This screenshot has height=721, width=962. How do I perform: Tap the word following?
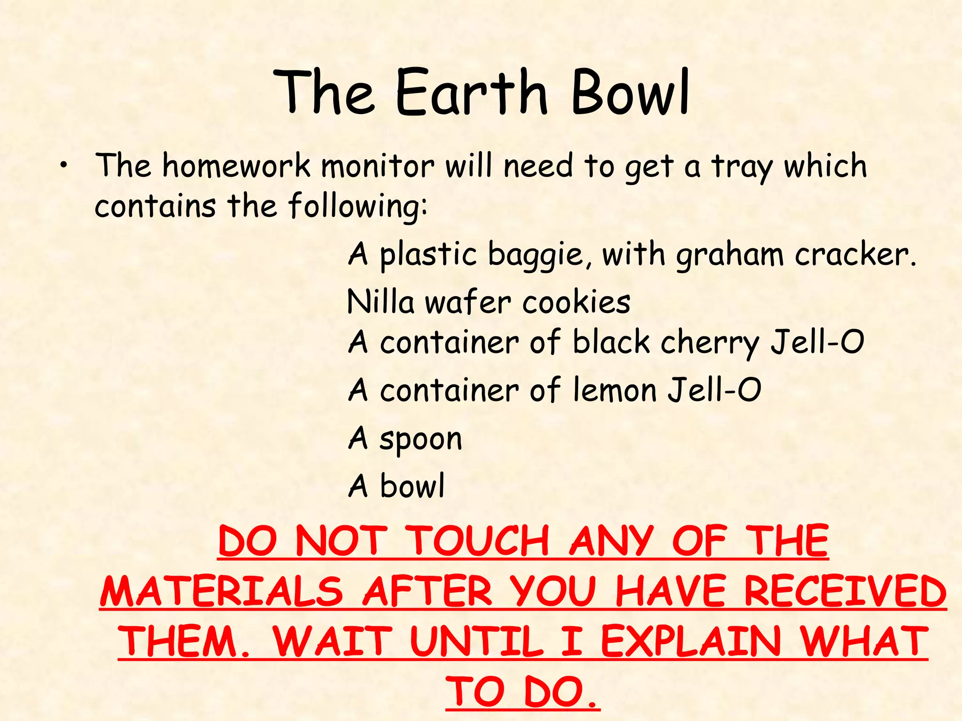tap(358, 207)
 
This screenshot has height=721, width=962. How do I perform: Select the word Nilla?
tap(380, 302)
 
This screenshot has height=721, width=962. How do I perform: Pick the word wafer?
tap(468, 302)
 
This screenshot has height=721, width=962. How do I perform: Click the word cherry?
tap(709, 343)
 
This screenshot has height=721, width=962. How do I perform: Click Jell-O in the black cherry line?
tap(817, 342)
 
